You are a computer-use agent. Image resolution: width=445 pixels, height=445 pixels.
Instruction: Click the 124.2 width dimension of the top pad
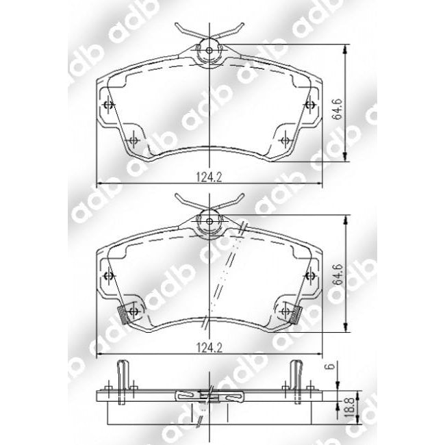(x=209, y=177)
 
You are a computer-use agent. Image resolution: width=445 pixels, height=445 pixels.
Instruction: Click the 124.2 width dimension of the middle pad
(x=209, y=348)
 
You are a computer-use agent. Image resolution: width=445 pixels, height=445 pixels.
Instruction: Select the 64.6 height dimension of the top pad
(x=337, y=110)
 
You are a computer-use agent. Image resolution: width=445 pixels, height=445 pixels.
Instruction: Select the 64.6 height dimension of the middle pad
(x=338, y=275)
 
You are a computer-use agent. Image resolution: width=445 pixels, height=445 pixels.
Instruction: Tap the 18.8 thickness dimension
(x=349, y=407)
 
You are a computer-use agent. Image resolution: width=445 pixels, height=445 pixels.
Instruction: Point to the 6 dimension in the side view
(x=331, y=366)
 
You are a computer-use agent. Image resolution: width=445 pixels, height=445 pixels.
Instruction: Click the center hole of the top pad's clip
(x=209, y=51)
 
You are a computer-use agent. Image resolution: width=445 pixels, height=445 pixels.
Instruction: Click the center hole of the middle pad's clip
(x=209, y=221)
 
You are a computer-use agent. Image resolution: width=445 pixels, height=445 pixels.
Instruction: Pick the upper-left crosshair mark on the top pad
(x=109, y=105)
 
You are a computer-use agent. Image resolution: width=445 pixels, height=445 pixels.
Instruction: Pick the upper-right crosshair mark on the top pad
(x=309, y=105)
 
